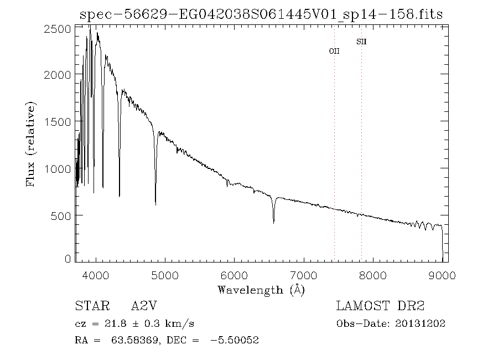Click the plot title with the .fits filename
[261, 14]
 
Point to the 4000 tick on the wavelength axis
[96, 275]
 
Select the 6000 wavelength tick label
[235, 275]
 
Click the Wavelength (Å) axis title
[261, 290]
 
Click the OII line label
[334, 51]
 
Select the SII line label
[361, 42]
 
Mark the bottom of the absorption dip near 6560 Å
[273, 223]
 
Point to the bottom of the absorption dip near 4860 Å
[155, 204]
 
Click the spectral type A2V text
[142, 306]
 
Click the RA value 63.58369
[132, 340]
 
